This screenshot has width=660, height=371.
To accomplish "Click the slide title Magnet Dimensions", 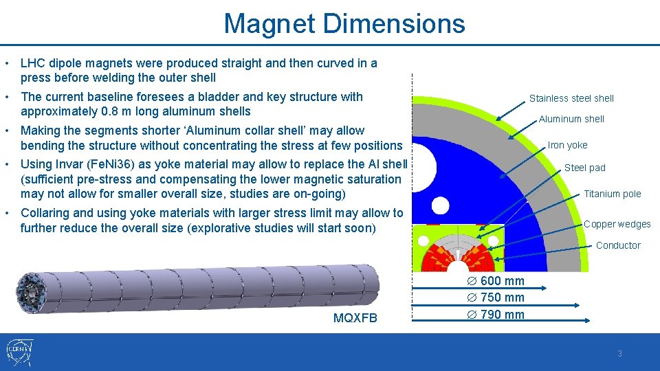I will click(x=344, y=24).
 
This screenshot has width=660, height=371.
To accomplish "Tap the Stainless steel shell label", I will click(x=571, y=98).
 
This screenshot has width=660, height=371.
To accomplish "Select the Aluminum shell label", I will click(x=571, y=119).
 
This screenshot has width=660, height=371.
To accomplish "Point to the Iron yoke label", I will click(x=567, y=145).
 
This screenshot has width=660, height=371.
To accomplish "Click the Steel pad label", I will click(x=584, y=168).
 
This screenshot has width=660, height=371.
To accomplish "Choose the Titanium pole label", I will click(x=612, y=194).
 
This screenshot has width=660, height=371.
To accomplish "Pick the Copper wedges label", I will click(x=617, y=224).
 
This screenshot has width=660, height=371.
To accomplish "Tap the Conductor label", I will click(x=617, y=245).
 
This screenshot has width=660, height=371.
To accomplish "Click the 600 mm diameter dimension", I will click(x=501, y=281).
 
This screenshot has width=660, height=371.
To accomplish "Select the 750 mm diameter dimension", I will click(x=501, y=297).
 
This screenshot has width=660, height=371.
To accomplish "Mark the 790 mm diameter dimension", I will click(x=501, y=315).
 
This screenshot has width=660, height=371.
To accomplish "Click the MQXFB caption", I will click(x=355, y=318).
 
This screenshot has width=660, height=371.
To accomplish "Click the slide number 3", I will click(x=619, y=354).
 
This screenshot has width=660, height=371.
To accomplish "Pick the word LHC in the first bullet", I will click(x=33, y=63).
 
